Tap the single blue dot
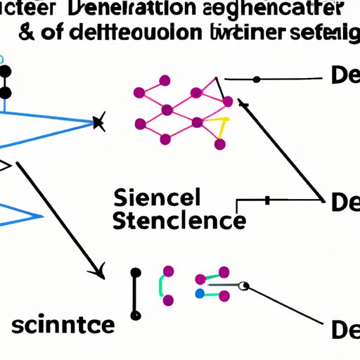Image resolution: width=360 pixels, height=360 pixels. pos(200,292)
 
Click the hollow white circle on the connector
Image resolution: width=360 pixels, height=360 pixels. pos(244,285)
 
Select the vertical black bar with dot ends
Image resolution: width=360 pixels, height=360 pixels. pos(136,292)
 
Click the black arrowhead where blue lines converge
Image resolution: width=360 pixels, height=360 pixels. pos(98,124)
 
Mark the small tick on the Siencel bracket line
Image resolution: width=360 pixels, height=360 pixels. pos(268,200)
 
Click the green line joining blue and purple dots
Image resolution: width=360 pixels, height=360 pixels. pos(213,287)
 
